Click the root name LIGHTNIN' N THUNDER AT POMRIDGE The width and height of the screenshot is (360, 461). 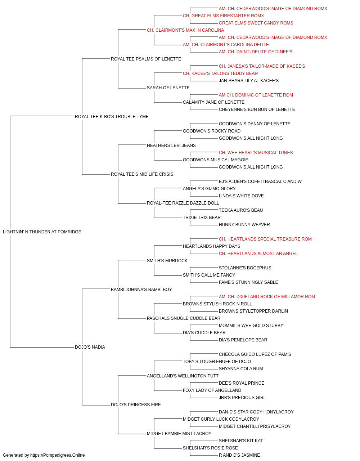click(42, 232)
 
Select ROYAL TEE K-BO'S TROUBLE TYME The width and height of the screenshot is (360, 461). click(112, 117)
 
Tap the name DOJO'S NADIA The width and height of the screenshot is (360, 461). click(90, 347)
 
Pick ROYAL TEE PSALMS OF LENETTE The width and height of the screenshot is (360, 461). click(146, 59)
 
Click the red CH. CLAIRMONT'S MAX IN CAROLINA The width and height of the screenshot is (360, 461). click(185, 30)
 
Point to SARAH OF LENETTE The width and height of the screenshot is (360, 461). click(168, 88)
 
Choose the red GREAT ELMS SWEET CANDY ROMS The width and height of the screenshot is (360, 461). click(256, 23)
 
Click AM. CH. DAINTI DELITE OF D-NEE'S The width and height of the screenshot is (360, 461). click(256, 52)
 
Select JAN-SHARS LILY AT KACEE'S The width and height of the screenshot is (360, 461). click(249, 81)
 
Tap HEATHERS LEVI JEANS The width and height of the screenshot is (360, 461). click(171, 146)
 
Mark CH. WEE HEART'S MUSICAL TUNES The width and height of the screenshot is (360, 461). click(256, 153)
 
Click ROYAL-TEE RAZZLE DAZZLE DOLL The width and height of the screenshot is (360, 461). click(183, 203)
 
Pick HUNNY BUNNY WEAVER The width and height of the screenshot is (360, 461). click(244, 225)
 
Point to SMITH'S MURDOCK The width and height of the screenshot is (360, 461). click(167, 261)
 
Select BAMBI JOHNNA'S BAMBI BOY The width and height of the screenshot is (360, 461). click(141, 290)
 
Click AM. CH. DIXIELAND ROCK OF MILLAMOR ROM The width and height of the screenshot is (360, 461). click(267, 297)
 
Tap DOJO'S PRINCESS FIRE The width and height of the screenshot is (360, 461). click(136, 405)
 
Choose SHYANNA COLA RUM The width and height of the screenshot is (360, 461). click(241, 369)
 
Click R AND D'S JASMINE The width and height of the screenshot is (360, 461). click(239, 455)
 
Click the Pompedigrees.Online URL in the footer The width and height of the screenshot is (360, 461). click(58, 455)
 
